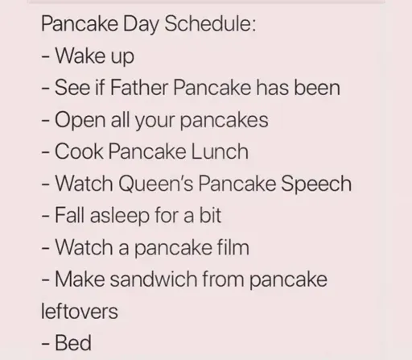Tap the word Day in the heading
point(141,24)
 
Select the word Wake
point(80,56)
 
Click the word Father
point(138,87)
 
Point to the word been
point(317,87)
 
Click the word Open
point(80,121)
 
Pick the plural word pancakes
point(224,121)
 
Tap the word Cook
point(79,151)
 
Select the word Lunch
point(220,151)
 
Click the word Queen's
point(156,184)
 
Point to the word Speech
point(316,184)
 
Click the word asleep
point(120,216)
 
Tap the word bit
point(210,215)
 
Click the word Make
point(80,279)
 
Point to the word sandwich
point(154,279)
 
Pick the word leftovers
point(80,311)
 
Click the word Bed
point(73,343)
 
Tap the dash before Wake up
point(45,57)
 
